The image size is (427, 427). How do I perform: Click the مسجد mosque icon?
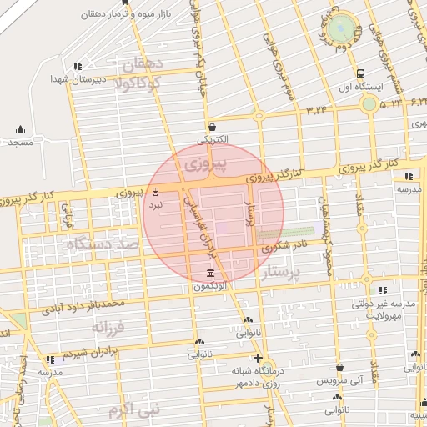click(21, 129)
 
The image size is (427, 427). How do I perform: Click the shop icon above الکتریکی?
click(212, 127)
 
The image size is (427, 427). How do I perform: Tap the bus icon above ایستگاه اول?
click(360, 73)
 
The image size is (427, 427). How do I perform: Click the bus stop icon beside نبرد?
click(155, 190)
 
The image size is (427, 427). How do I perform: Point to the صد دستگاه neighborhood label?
click(103, 245)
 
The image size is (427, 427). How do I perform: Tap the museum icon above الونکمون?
click(209, 274)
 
